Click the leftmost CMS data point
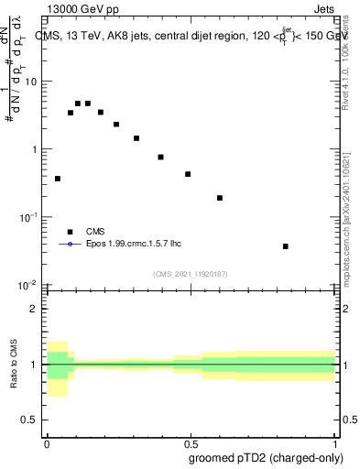coord(58,179)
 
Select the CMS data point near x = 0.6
coord(220,198)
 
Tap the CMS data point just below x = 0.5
coord(188,174)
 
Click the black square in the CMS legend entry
coord(70,232)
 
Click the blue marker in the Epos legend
coord(70,245)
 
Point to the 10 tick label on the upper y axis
coord(32,82)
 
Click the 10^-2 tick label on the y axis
coord(30,285)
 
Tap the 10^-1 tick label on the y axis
coord(30,217)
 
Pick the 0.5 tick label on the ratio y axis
coord(31,420)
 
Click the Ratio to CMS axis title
coord(15,364)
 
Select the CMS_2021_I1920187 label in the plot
coord(191,273)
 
